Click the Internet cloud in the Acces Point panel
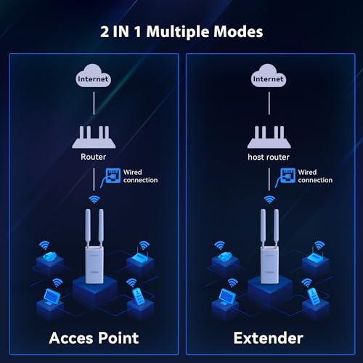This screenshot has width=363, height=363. (x=93, y=76)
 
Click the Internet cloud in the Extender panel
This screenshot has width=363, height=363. (x=269, y=76)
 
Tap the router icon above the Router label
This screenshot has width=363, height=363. (x=94, y=137)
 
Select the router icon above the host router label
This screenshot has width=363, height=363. (x=269, y=137)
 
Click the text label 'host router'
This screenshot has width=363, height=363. (x=269, y=158)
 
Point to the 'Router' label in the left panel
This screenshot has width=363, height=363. (x=94, y=157)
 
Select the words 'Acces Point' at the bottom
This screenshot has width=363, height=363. (x=94, y=338)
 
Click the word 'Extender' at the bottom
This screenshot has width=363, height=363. (x=269, y=338)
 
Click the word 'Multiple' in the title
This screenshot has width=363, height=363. (x=178, y=32)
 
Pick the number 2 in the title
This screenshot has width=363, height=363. (x=105, y=32)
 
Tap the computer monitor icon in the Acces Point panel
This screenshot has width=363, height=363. (x=52, y=296)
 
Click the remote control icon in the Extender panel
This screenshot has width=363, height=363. (x=314, y=295)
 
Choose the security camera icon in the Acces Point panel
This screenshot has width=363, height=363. (x=50, y=256)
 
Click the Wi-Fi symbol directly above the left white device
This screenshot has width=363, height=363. (x=94, y=200)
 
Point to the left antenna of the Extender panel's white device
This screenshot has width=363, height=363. (x=263, y=227)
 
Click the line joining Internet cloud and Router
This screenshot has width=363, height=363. (x=94, y=103)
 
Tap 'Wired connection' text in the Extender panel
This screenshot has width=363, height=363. (x=315, y=176)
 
